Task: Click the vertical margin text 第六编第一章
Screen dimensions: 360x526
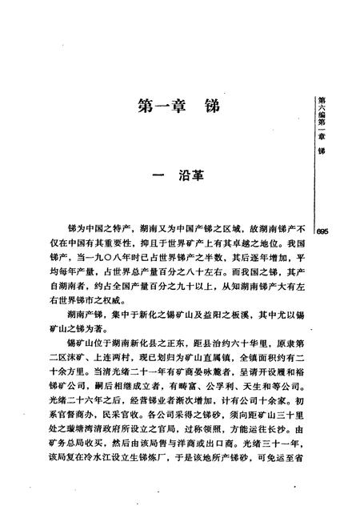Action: pos(322,116)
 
